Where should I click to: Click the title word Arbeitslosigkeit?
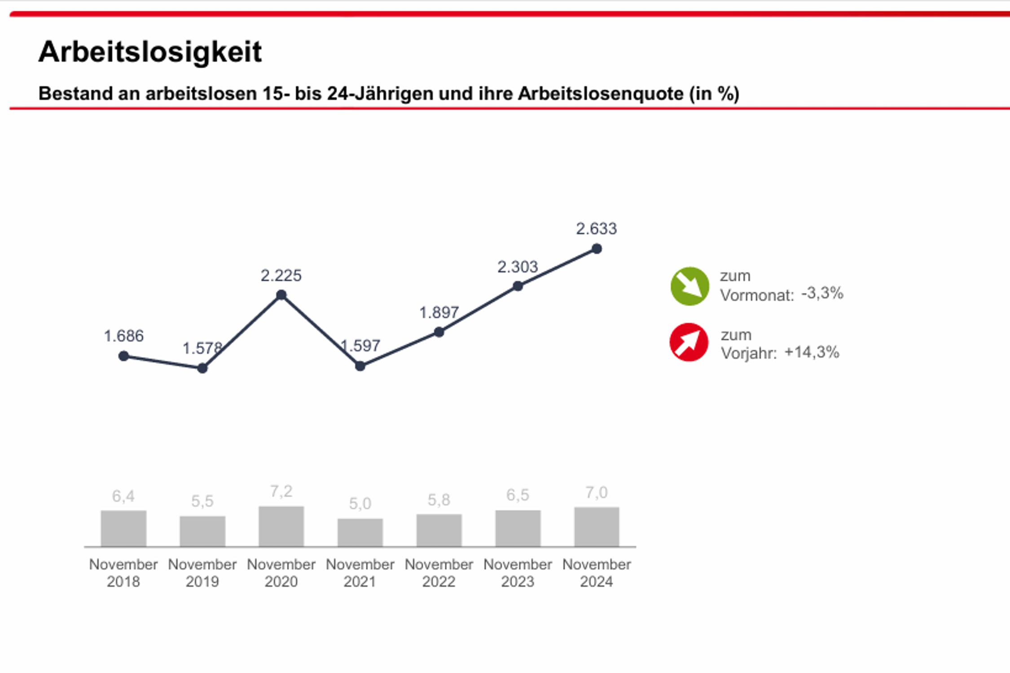point(150,52)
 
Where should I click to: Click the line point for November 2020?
point(281,295)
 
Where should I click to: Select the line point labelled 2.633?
point(597,249)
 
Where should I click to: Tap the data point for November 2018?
point(123,356)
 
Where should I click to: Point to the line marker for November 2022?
point(439,332)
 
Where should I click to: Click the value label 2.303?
point(518,267)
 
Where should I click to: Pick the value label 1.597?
point(360,346)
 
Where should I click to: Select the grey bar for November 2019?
point(202,531)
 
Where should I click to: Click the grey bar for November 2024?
point(597,527)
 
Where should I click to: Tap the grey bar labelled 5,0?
point(360,533)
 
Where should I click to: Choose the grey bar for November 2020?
point(281,526)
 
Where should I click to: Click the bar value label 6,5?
point(518,495)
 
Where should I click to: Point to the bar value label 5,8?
point(439,500)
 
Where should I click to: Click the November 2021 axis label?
point(360,572)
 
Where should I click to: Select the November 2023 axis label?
point(518,572)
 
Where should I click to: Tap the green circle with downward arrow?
point(689,286)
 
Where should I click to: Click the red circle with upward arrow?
point(689,342)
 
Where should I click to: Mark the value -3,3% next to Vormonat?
point(822,293)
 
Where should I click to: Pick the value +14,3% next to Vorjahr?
point(812,352)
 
